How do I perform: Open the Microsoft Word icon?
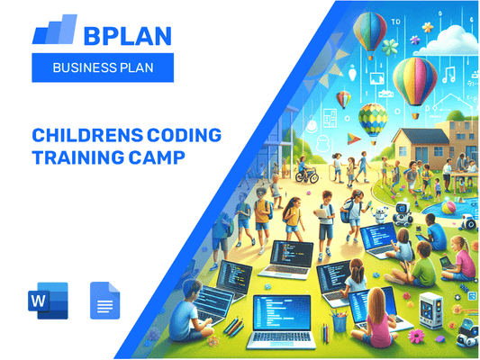(47, 300)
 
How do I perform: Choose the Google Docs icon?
(104, 300)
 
